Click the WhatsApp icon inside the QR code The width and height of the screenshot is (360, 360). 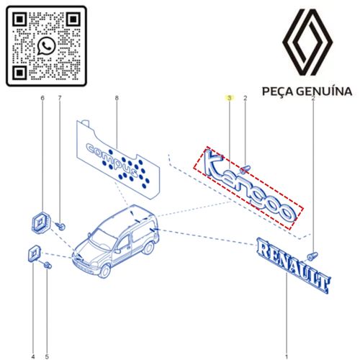click(46, 46)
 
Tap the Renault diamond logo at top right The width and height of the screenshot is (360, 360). click(307, 42)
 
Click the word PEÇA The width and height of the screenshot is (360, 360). click(277, 91)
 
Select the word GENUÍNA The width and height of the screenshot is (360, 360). click(324, 91)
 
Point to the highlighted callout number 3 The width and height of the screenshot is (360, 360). click(230, 98)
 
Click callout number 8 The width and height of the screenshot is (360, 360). click(117, 98)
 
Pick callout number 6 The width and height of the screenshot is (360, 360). click(42, 98)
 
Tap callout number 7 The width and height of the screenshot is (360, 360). click(60, 98)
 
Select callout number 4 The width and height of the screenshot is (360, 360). click(33, 356)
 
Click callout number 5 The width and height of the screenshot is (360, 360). click(47, 356)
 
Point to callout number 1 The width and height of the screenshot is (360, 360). click(287, 357)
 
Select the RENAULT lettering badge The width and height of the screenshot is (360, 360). click(293, 264)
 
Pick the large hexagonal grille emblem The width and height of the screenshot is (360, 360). click(41, 222)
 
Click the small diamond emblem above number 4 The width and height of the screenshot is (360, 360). click(34, 254)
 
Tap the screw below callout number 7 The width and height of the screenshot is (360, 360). click(60, 226)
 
